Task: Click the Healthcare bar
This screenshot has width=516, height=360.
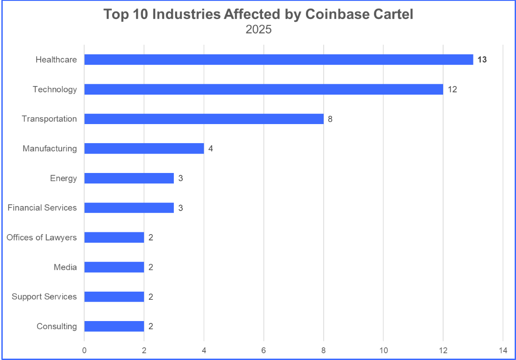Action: tap(278, 60)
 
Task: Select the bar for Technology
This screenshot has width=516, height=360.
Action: tap(263, 89)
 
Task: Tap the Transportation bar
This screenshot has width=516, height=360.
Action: tap(204, 119)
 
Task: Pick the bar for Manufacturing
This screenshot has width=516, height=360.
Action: tap(144, 149)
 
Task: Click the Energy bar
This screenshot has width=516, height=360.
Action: tap(129, 178)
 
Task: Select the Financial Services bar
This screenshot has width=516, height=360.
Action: tap(129, 208)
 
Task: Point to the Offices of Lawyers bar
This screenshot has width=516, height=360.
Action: tap(114, 237)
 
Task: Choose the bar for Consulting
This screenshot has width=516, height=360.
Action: tap(114, 326)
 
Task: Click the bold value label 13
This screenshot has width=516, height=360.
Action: tap(482, 60)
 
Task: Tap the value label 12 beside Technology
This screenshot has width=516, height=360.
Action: tap(452, 89)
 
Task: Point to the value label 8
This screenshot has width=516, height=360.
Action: tap(330, 119)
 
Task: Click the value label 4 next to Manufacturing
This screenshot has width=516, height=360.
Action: tap(210, 149)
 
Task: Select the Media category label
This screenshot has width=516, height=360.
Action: tap(65, 267)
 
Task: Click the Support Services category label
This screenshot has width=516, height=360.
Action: tap(44, 297)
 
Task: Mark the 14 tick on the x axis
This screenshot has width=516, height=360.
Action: tap(502, 350)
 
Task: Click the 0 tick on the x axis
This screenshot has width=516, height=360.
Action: tap(84, 350)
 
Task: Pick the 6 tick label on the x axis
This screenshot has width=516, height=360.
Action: tap(263, 350)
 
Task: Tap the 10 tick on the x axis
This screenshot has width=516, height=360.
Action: tap(383, 350)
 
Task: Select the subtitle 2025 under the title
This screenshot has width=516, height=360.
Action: tap(258, 30)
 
